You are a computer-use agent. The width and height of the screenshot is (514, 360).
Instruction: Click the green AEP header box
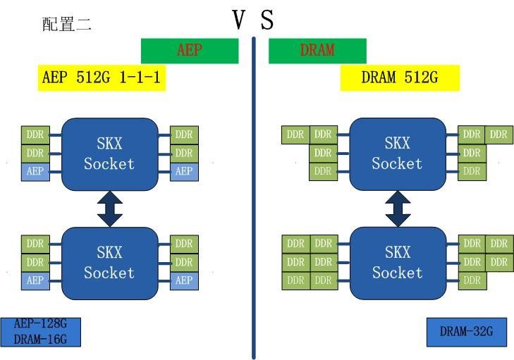tap(190, 51)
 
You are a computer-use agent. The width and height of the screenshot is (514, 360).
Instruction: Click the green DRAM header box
tap(317, 51)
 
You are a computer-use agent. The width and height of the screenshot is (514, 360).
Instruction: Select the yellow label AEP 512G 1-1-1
tap(102, 77)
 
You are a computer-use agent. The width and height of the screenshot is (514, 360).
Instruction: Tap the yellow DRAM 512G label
tap(399, 77)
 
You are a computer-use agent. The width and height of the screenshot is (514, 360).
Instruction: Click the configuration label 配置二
tap(67, 25)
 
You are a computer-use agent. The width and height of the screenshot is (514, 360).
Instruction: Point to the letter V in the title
tap(240, 20)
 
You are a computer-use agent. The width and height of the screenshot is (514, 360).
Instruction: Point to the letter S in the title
tap(267, 20)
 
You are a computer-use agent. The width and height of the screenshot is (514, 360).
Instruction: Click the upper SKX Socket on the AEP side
tap(109, 154)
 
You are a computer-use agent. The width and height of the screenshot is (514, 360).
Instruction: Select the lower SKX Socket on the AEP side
tap(109, 263)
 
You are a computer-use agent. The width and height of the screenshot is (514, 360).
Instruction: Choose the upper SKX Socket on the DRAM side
tap(397, 154)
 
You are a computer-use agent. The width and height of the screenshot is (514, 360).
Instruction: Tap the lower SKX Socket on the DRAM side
tap(397, 263)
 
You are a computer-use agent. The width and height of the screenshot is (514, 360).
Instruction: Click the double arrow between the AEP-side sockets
tap(110, 209)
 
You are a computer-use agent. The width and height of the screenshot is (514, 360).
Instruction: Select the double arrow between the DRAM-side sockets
tap(398, 209)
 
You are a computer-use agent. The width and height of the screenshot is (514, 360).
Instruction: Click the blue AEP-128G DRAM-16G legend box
tap(42, 332)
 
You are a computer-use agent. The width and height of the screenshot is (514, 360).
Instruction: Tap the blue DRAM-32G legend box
tap(466, 332)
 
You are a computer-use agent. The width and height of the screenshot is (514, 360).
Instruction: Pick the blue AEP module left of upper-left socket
tap(35, 171)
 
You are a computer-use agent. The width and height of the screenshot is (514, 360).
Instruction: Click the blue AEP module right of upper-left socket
tap(184, 171)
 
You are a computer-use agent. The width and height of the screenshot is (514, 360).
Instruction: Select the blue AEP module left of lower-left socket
tap(35, 280)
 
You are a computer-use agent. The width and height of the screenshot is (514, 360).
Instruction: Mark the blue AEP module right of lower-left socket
tap(184, 280)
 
